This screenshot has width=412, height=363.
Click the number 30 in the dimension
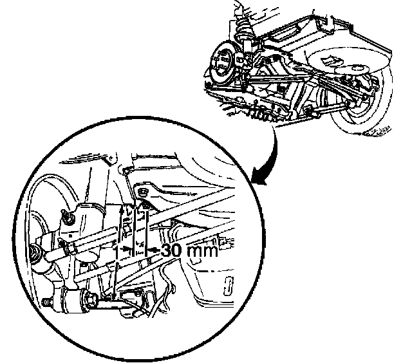coord(171,250)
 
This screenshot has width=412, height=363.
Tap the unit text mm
coord(200,251)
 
